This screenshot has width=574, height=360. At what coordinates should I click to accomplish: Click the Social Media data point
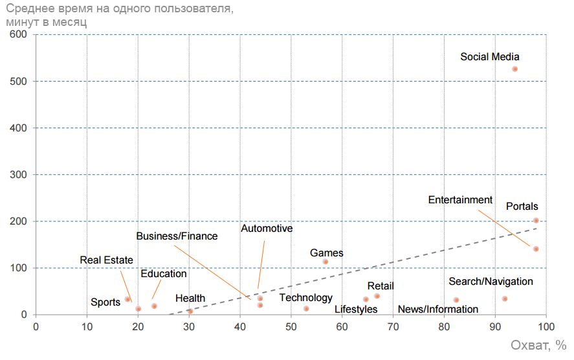[x=514, y=69]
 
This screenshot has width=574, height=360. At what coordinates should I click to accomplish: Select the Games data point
[x=326, y=262]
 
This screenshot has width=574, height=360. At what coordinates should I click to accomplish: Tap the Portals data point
[x=536, y=221]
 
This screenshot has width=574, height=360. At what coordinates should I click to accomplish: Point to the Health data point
[x=190, y=311]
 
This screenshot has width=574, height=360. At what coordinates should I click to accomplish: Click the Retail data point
[x=377, y=296]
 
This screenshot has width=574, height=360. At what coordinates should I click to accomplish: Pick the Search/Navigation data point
[x=505, y=298]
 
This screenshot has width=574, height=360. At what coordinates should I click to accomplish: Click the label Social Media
[x=489, y=57]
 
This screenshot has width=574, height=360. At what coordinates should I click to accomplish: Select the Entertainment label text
[x=460, y=200]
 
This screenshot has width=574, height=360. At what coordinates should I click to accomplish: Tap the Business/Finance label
[x=177, y=236]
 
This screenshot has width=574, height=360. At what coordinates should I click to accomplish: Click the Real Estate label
[x=106, y=260]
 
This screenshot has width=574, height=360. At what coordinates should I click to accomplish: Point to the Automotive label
[x=267, y=229]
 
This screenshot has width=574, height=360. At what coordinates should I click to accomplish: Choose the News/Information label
[x=437, y=309]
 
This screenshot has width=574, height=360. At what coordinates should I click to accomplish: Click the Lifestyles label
[x=356, y=309]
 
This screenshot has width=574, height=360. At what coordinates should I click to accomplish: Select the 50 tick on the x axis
[x=291, y=326]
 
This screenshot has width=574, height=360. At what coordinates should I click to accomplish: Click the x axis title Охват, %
[x=539, y=346]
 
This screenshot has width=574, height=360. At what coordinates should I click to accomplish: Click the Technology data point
[x=306, y=309]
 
